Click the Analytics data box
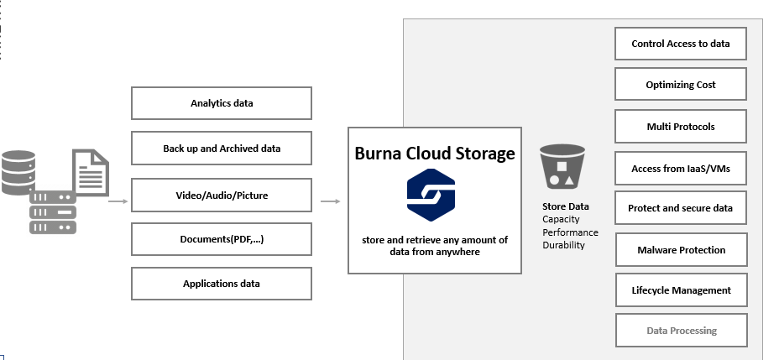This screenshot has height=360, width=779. (222, 103)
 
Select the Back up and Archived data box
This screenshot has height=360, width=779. (222, 149)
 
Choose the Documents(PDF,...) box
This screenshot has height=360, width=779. (222, 239)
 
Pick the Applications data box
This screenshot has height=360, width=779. (222, 284)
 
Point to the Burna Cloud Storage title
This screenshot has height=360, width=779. (435, 154)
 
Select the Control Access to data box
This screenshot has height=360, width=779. (681, 43)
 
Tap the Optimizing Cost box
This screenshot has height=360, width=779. (681, 85)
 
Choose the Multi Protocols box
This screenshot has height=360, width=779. (681, 126)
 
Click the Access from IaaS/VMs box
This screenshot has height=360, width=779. (681, 169)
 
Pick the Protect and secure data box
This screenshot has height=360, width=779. (681, 208)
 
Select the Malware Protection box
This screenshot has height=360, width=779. (681, 249)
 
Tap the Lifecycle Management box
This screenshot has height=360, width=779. (681, 290)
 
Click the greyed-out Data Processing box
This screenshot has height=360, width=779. (681, 331)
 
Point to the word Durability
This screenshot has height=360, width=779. (563, 245)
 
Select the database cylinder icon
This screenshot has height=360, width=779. (18, 173)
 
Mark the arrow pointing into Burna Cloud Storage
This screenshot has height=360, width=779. (331, 201)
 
